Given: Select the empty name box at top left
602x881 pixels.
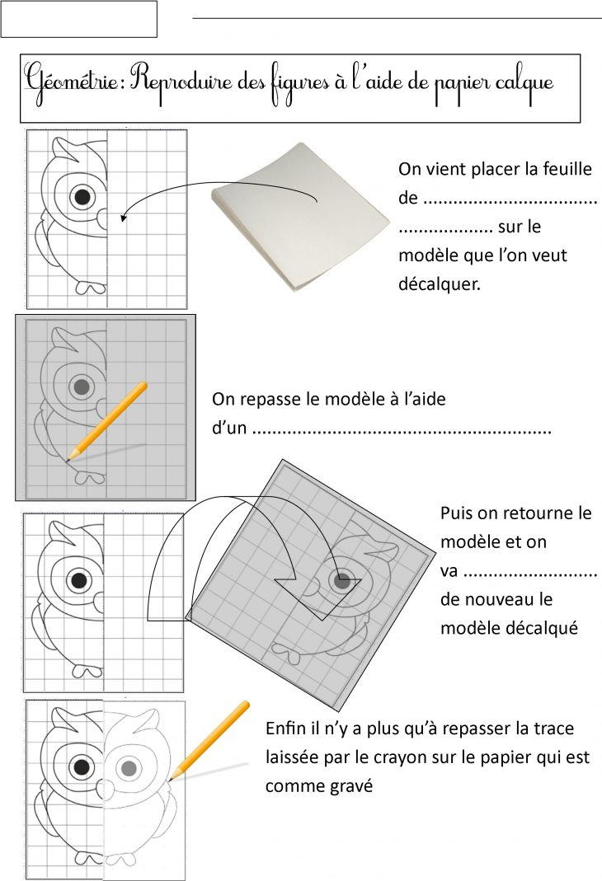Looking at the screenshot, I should click(x=78, y=19).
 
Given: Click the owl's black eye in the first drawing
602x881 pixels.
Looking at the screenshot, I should click(x=82, y=197).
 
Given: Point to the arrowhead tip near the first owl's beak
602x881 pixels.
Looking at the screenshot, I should click(x=122, y=219).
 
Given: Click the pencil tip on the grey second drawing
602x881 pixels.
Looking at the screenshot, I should click(x=68, y=458).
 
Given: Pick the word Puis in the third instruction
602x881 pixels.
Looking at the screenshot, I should click(x=458, y=513).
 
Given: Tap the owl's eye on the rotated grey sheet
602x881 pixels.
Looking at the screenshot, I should click(x=341, y=581).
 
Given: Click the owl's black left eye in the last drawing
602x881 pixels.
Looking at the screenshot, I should click(x=80, y=768).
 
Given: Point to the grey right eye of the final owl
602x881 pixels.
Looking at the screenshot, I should click(x=128, y=768).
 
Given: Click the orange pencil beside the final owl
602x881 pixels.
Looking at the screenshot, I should click(x=209, y=738).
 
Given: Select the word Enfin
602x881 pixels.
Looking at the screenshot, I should click(x=285, y=729).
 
